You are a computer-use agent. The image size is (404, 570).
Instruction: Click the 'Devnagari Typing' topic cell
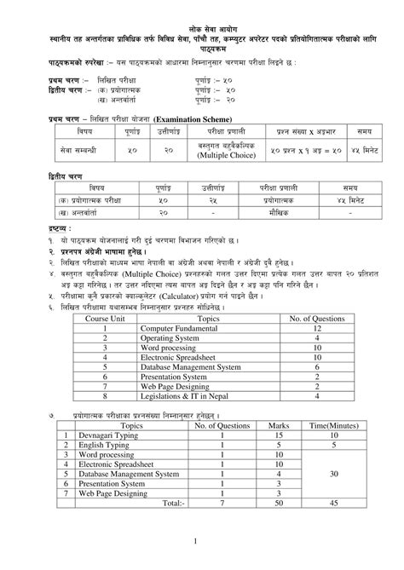[x=101, y=434]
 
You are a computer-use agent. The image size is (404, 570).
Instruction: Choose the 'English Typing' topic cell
[x=98, y=444]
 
